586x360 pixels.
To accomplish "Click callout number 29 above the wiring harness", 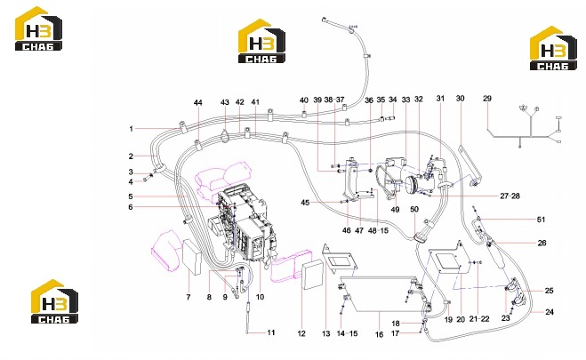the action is click(x=487, y=99).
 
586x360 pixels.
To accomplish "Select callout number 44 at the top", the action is click(x=198, y=103).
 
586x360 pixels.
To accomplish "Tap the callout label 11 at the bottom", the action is click(x=271, y=332).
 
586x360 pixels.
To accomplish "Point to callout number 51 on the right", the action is click(x=541, y=220).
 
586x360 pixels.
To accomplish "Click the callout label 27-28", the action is click(x=510, y=196).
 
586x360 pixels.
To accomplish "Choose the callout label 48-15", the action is click(x=378, y=230).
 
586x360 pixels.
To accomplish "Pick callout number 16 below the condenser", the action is click(x=379, y=334).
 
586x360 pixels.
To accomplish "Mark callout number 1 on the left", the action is click(x=132, y=129).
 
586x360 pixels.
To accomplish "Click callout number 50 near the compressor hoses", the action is click(x=414, y=209).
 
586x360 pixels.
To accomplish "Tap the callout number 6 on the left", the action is click(x=131, y=207).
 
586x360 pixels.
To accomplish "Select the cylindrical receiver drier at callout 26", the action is click(x=497, y=254).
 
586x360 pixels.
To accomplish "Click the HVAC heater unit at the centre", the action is click(x=243, y=225).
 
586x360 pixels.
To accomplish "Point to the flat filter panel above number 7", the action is click(x=192, y=257).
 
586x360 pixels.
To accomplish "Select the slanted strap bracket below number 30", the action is click(x=470, y=164).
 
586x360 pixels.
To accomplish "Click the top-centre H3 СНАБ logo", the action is click(x=262, y=41).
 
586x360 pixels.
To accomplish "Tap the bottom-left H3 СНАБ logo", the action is click(x=54, y=301).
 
